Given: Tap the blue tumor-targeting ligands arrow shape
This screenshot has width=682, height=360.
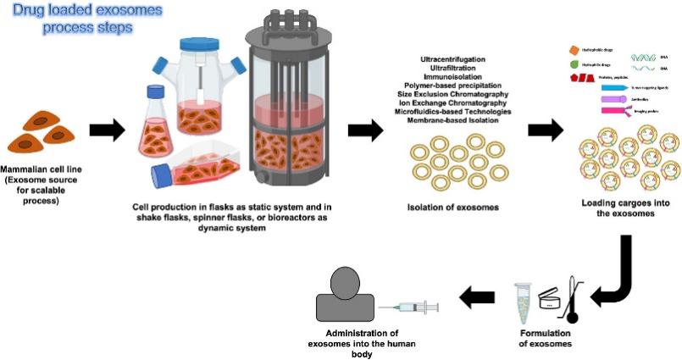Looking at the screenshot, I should (613, 86).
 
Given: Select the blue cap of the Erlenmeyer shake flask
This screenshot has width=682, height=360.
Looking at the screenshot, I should (156, 90).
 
